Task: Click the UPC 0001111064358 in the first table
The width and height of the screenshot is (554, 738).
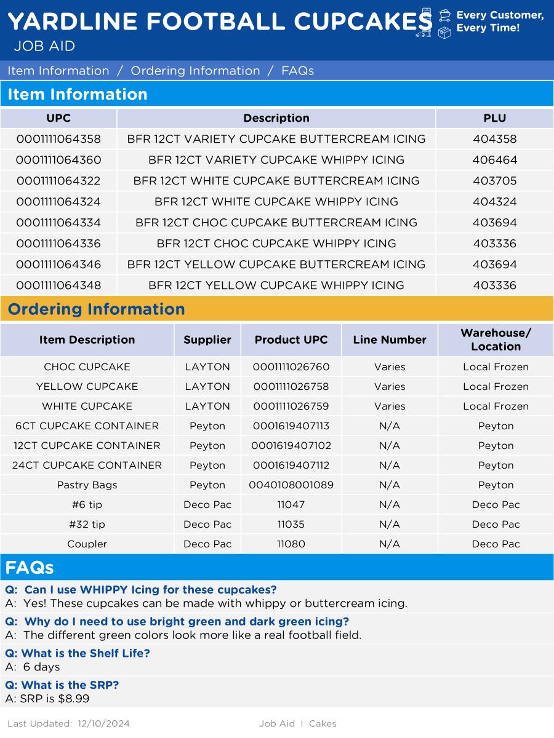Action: pos(58,139)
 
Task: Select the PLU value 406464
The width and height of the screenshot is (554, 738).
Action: pos(495,160)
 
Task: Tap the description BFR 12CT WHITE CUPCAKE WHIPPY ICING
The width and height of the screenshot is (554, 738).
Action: pos(276,202)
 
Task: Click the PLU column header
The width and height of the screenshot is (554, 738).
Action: pos(495,118)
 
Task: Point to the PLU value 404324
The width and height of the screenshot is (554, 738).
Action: pos(495,202)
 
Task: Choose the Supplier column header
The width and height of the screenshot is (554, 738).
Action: pos(207,339)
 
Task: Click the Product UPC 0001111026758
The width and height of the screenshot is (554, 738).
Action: pos(291,386)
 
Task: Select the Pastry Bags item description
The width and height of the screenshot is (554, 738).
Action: pos(87,485)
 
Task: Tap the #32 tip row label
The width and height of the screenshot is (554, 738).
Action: pos(87,524)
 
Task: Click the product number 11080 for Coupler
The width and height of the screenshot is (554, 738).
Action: pos(291,544)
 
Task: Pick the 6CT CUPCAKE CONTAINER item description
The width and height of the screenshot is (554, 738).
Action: pos(87,426)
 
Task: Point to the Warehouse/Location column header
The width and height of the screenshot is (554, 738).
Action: pos(496,339)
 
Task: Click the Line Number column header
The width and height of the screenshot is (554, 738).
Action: pos(390,339)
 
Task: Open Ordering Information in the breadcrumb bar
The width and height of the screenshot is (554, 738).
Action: pos(195,71)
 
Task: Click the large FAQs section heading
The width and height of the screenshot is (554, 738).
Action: pos(30,567)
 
